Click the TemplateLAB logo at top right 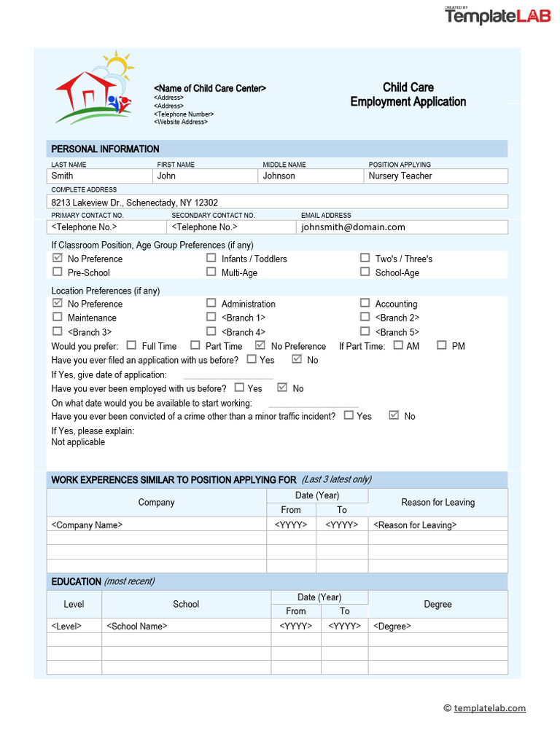[x=498, y=15]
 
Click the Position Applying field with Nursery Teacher [x=435, y=176]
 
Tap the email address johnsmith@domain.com [x=354, y=227]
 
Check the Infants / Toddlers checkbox [x=211, y=258]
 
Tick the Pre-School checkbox [x=58, y=272]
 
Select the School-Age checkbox [x=365, y=272]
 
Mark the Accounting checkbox [x=365, y=303]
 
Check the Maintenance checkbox [x=58, y=317]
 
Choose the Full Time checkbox [x=132, y=345]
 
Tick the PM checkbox [x=442, y=345]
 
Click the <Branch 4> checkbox [x=211, y=331]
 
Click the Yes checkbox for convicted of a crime [x=349, y=415]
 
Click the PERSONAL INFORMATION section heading [x=105, y=149]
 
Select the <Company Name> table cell [x=156, y=525]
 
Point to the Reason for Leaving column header [x=437, y=502]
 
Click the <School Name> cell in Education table [x=186, y=626]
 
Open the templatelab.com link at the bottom [x=489, y=708]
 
